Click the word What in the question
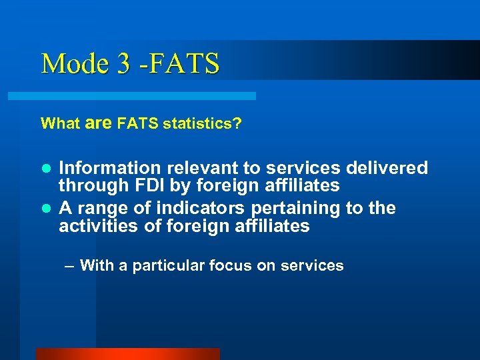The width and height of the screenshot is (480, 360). pos(61,123)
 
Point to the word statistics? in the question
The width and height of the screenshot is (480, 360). pos(203,123)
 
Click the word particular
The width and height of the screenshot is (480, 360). pos(169,265)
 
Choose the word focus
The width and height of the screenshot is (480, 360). pos(231,265)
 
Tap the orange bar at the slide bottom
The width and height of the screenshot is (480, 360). pos(127,354)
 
